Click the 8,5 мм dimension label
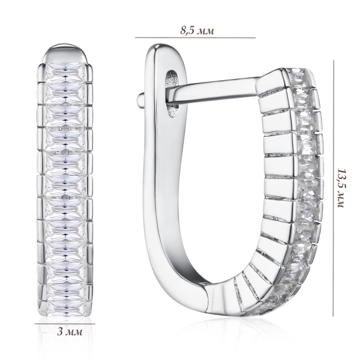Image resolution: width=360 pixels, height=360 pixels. click(x=197, y=30)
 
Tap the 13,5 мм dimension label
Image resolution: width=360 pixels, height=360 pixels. click(x=341, y=188)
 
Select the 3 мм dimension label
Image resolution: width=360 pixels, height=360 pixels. click(x=69, y=332)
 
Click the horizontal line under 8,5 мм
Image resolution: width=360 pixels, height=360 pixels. click(x=195, y=38)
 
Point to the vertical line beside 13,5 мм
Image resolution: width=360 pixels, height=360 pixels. click(x=333, y=188)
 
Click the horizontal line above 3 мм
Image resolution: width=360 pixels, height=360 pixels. click(x=65, y=324)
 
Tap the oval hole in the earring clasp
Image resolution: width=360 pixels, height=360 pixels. click(x=172, y=94)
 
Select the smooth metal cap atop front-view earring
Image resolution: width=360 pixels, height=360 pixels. click(x=65, y=53)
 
